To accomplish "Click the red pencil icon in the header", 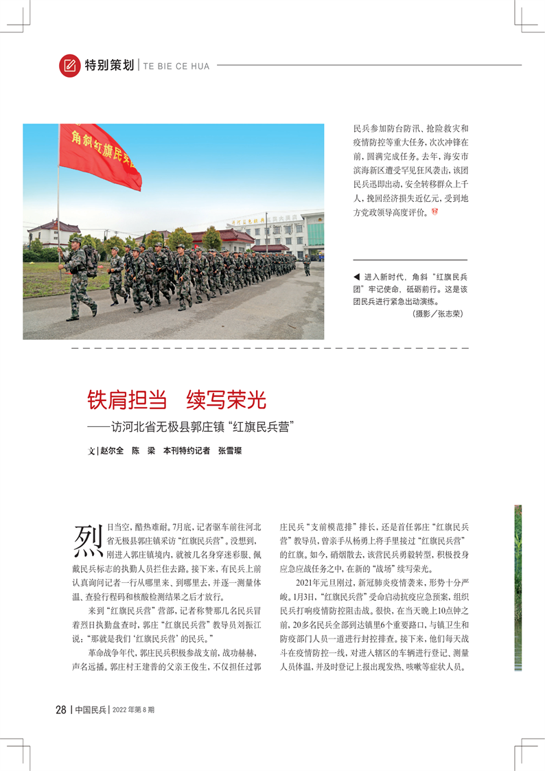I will [69, 65].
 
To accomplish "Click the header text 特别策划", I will [109, 66].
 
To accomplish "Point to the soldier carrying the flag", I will [78, 278].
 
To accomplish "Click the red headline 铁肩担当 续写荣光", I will [176, 400].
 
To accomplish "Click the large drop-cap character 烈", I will [88, 541].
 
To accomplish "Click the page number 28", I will [60, 709].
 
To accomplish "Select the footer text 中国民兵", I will [90, 709].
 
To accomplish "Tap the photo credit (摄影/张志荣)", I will [437, 314].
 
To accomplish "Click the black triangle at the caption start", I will [356, 277].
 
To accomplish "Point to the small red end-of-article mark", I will [434, 212].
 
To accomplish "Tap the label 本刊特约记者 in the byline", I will [186, 451].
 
